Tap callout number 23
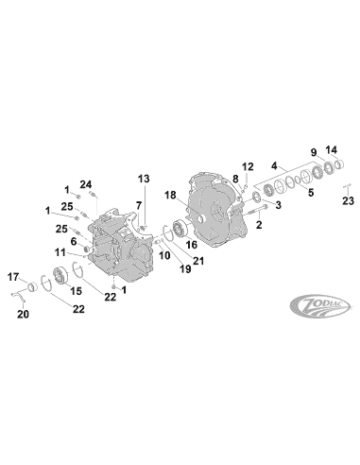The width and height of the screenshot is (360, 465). pyautogui.click(x=348, y=199)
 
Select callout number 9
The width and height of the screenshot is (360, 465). pyautogui.click(x=313, y=152)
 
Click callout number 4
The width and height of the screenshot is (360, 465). pyautogui.click(x=274, y=164)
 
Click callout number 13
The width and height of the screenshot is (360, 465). pyautogui.click(x=144, y=178)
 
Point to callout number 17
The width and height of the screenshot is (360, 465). pyautogui.click(x=14, y=276)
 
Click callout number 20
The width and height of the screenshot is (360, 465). pyautogui.click(x=24, y=315)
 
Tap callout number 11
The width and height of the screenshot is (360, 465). pyautogui.click(x=59, y=252)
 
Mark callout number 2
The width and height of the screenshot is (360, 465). pyautogui.click(x=259, y=226)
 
